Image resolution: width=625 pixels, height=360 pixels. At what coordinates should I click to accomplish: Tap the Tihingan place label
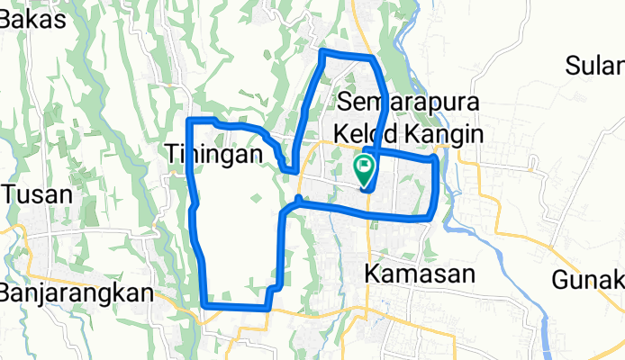[216, 154]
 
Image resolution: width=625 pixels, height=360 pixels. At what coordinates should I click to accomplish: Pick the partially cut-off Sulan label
[595, 67]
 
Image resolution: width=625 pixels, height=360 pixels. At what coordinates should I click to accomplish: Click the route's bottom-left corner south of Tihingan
[205, 305]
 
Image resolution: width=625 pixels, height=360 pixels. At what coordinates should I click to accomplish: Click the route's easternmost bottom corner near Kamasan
[433, 216]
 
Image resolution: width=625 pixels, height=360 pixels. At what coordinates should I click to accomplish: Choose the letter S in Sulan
[574, 67]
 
